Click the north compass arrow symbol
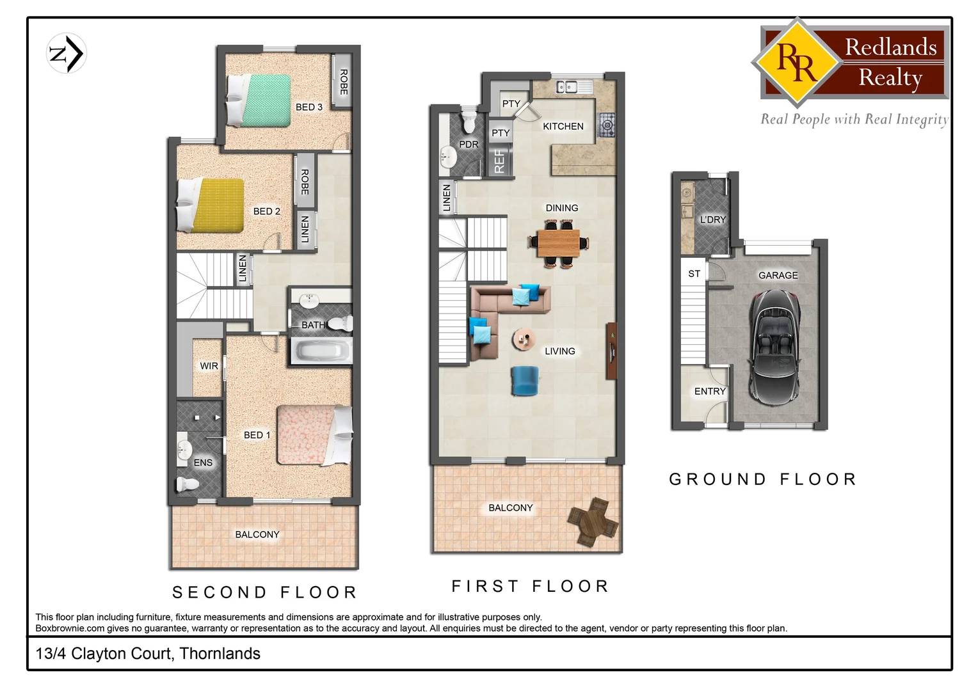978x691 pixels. coord(67,53)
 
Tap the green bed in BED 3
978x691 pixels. coord(259,100)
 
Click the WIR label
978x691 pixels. coord(209,366)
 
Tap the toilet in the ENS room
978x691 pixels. coord(187,484)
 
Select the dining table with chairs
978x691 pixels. coord(558,243)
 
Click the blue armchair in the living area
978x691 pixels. coord(524,381)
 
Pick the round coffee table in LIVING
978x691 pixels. coord(524,339)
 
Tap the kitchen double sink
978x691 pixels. coord(566,86)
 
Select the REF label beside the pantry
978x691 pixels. coord(499,161)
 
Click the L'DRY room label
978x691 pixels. coord(712,219)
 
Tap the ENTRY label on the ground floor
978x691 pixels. coord(710,391)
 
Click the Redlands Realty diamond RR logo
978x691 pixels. coord(796,62)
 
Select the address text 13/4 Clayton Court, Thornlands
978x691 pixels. coord(148,653)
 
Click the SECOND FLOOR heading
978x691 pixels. coord(264,592)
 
